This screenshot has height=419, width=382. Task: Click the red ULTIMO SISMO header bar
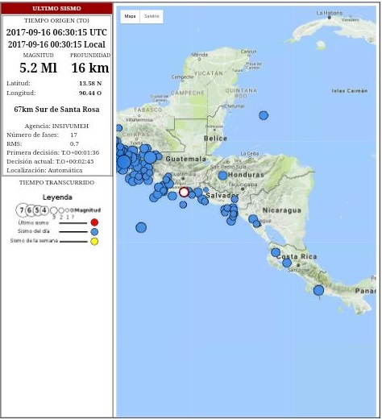[56, 9]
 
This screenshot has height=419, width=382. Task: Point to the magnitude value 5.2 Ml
[38, 68]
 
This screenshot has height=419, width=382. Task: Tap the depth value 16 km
[89, 68]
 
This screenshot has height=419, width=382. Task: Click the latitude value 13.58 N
[90, 83]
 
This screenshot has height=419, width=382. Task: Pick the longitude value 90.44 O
[90, 93]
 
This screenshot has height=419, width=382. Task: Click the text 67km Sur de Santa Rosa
[56, 109]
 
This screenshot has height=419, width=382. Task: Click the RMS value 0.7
[74, 143]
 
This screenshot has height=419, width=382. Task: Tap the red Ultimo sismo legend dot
[94, 222]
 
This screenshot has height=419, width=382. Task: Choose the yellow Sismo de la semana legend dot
[94, 241]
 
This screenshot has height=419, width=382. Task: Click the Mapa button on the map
[130, 16]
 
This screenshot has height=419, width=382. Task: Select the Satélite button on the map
[152, 16]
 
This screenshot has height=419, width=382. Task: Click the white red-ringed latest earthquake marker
[184, 192]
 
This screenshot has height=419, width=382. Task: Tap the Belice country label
[215, 138]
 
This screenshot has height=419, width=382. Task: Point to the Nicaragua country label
[281, 210]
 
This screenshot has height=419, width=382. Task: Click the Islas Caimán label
[349, 91]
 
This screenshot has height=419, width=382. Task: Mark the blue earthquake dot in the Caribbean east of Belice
[264, 116]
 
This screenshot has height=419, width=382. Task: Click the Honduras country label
[246, 175]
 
